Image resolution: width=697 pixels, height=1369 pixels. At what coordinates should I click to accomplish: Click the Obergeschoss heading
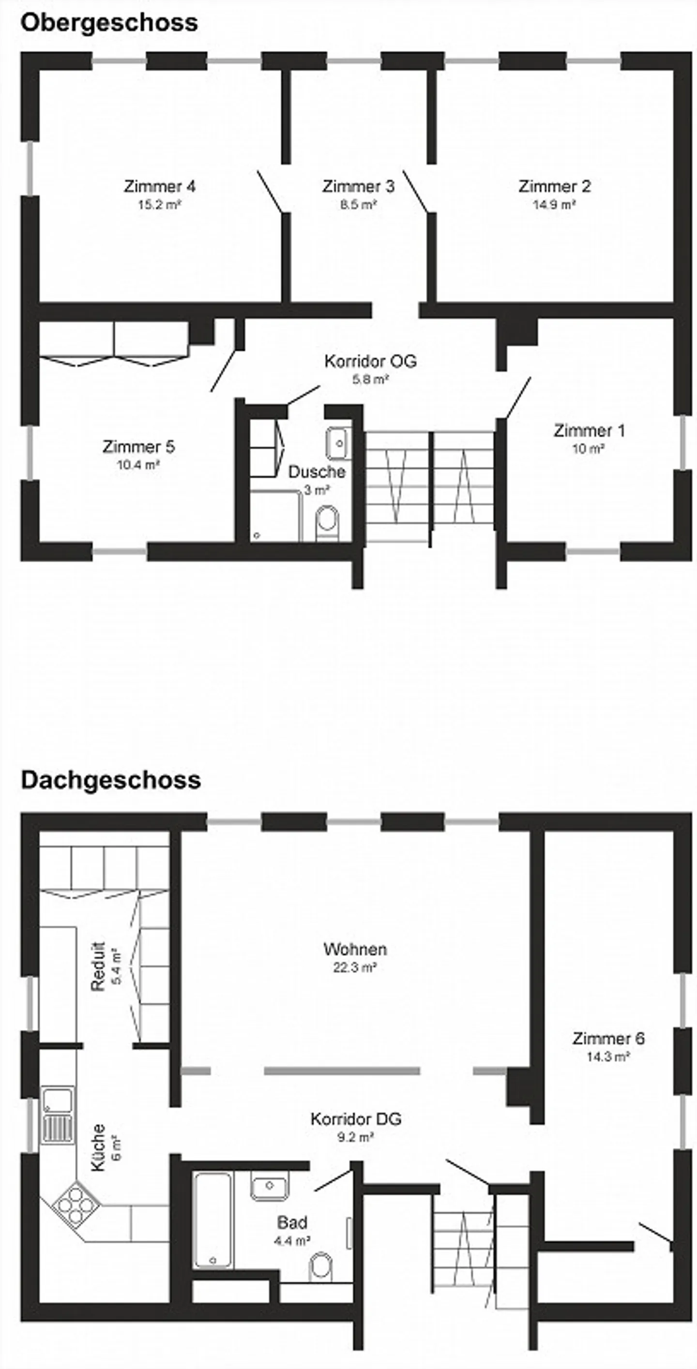[109, 23]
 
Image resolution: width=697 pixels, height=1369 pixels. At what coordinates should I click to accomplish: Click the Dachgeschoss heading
[110, 780]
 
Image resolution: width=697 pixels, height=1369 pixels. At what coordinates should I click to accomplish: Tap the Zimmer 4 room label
[160, 187]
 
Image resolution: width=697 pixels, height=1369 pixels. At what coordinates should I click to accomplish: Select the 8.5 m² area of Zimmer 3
[358, 205]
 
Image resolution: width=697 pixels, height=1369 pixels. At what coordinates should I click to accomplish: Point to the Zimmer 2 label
[555, 187]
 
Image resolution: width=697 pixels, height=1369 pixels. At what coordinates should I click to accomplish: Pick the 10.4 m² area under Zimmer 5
[138, 465]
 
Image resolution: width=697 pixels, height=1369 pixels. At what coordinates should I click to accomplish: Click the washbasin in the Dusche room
[338, 443]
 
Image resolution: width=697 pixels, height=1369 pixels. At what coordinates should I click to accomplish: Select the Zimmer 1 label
[589, 431]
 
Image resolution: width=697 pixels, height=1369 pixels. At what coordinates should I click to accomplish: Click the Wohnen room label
[355, 949]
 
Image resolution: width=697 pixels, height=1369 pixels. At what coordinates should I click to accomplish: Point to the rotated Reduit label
[98, 967]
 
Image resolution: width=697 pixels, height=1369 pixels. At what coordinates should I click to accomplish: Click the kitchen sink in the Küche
[58, 1114]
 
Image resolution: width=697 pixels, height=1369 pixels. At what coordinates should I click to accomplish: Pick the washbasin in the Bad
[270, 1185]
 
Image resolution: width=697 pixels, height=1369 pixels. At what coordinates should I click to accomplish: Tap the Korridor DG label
[356, 1119]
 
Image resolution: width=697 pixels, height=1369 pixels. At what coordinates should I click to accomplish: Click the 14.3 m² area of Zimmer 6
[608, 1057]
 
